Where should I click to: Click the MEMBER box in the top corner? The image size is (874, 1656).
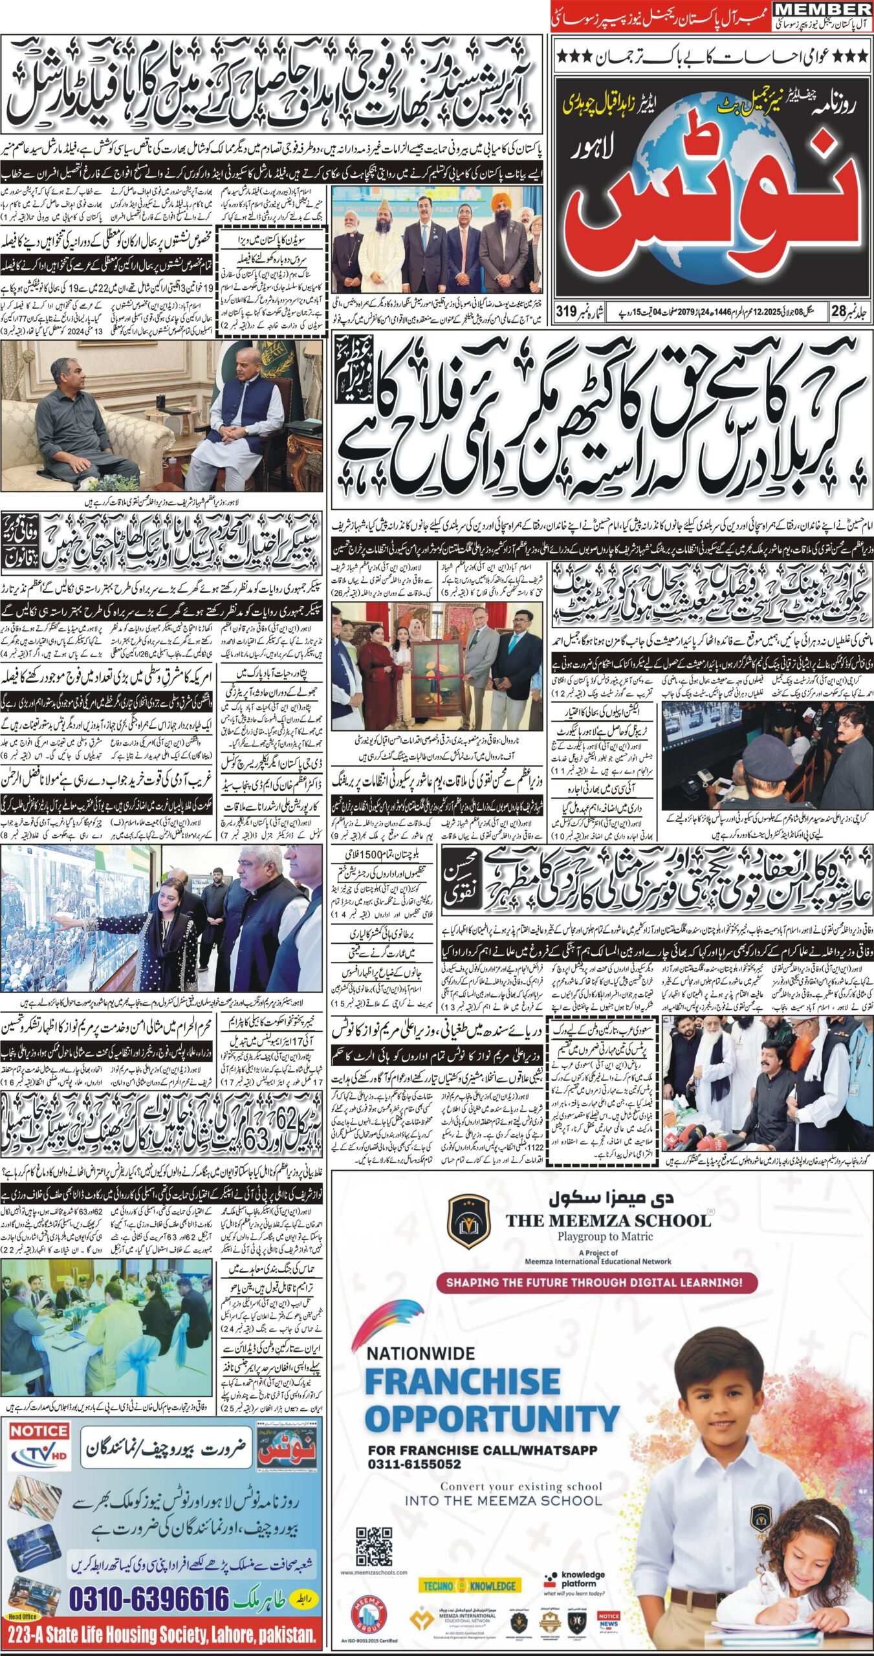pos(823,9)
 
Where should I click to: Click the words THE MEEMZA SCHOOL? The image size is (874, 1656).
pos(607,1220)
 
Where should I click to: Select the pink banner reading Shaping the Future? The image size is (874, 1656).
pos(597,1281)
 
